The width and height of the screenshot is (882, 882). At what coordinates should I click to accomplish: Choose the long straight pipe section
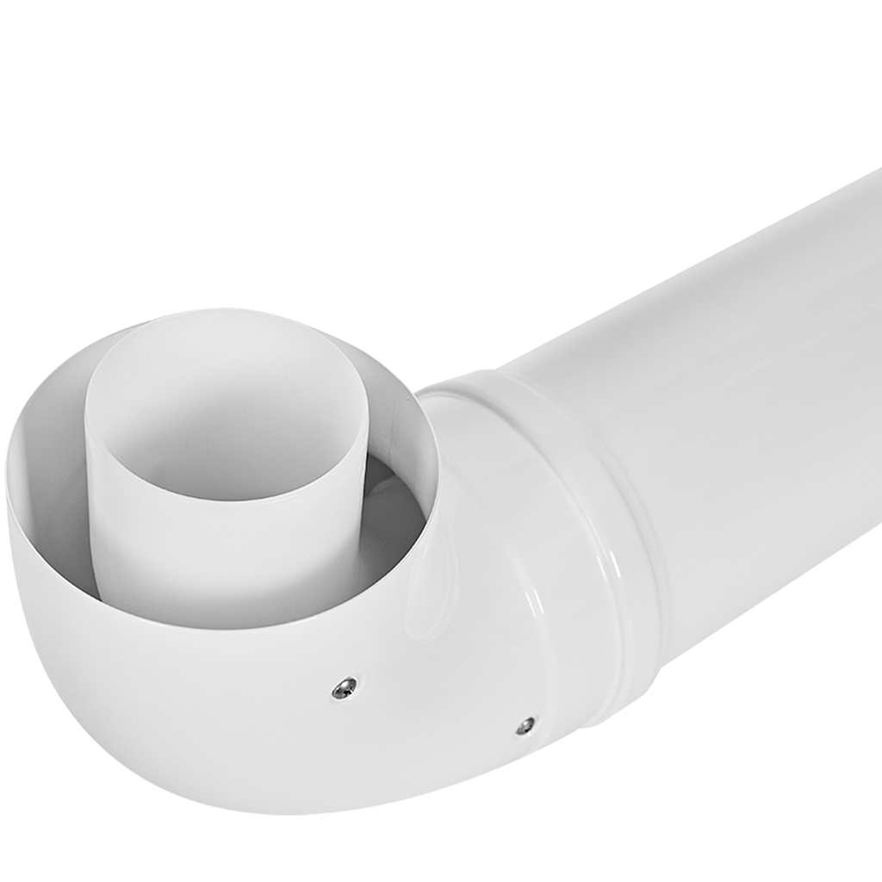point(732,345)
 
